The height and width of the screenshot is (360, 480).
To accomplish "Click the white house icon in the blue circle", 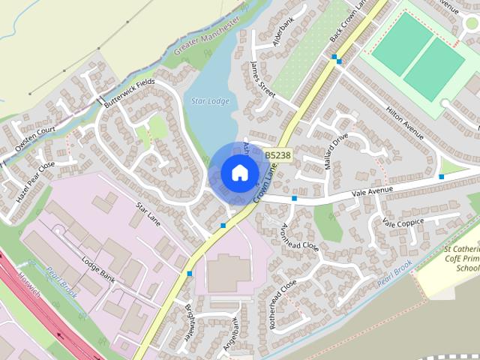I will [238, 172].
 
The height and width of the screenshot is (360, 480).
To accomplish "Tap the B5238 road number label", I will [277, 155].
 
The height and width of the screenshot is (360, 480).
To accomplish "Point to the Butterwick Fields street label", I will [130, 92].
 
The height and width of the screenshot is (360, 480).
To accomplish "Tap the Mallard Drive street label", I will [337, 151].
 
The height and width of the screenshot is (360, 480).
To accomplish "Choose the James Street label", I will [264, 78].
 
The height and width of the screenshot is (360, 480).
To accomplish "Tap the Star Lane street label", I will [148, 214].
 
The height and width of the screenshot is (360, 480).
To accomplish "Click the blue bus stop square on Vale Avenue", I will [295, 199].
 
